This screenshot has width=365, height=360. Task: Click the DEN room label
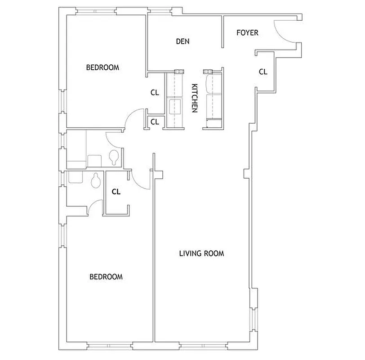point(182,41)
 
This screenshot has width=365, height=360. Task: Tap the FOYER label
point(247,33)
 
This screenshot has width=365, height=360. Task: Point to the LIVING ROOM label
point(201,253)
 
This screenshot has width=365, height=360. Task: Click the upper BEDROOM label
point(102,68)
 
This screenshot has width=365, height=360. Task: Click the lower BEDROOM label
point(106,277)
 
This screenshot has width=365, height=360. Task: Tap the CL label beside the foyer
point(263,71)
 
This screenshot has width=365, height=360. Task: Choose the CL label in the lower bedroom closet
point(116,192)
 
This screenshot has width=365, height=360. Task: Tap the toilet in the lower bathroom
point(95,181)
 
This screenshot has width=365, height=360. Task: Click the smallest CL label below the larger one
point(155,121)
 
